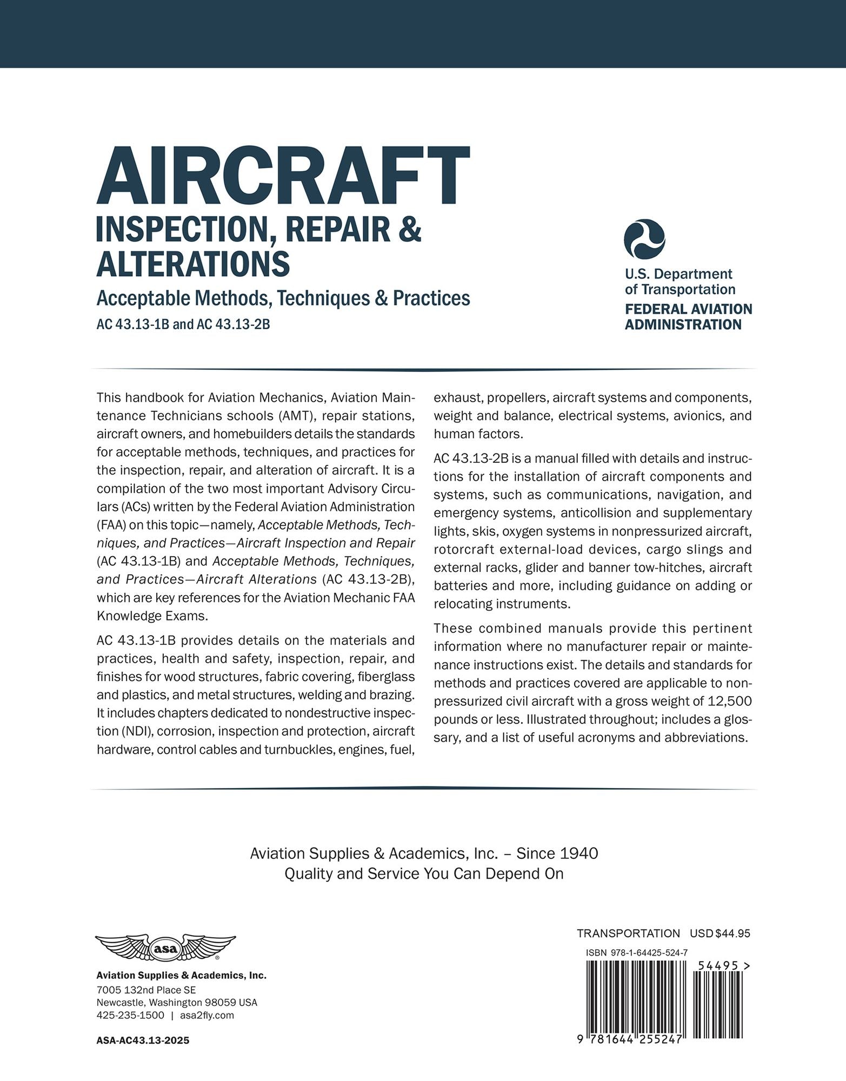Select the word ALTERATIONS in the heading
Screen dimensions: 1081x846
(x=193, y=264)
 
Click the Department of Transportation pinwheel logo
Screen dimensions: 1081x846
(x=644, y=239)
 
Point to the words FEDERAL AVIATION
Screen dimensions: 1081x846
(x=688, y=309)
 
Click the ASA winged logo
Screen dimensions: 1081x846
(x=165, y=949)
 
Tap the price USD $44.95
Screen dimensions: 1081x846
(x=720, y=933)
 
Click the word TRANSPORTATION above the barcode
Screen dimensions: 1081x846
(x=628, y=933)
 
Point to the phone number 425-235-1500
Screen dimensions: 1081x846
(x=130, y=1015)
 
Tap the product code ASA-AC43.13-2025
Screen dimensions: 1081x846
(x=143, y=1040)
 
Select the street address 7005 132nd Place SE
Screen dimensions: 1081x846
(x=146, y=990)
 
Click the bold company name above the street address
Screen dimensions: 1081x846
(x=181, y=976)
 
